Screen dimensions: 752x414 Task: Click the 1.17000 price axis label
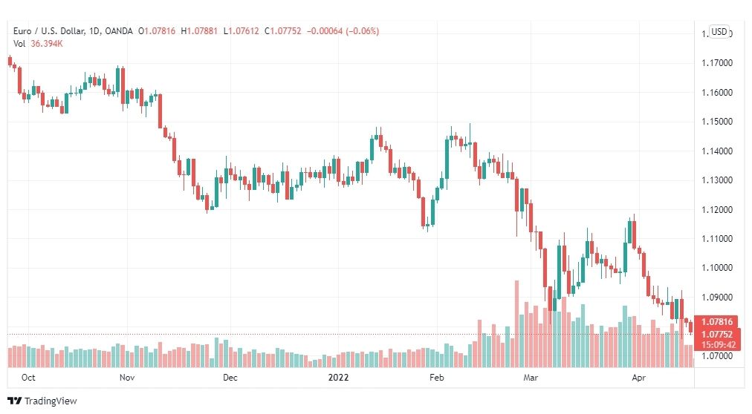tap(717, 63)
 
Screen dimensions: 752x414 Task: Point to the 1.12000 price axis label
tap(717, 210)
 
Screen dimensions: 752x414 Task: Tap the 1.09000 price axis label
tap(717, 298)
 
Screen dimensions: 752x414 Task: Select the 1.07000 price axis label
tap(717, 356)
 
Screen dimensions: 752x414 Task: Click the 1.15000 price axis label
tap(717, 122)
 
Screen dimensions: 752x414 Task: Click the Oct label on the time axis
tap(28, 378)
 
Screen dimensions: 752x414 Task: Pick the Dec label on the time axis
tap(230, 378)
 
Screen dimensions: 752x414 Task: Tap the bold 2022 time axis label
tap(338, 378)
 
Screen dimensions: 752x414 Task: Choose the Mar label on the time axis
tap(531, 378)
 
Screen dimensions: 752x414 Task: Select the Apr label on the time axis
tap(639, 378)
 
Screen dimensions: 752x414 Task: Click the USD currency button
tap(719, 32)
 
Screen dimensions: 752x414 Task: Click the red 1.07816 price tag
tap(716, 321)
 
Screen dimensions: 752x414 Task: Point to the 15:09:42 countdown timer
tap(718, 344)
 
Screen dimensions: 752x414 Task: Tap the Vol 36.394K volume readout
tap(39, 44)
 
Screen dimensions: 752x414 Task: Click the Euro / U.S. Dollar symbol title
tap(49, 31)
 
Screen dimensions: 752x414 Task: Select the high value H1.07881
tap(199, 31)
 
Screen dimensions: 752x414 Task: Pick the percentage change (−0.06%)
tap(363, 31)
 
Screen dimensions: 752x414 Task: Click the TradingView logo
tap(42, 401)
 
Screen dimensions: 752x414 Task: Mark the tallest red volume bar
tap(516, 324)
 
